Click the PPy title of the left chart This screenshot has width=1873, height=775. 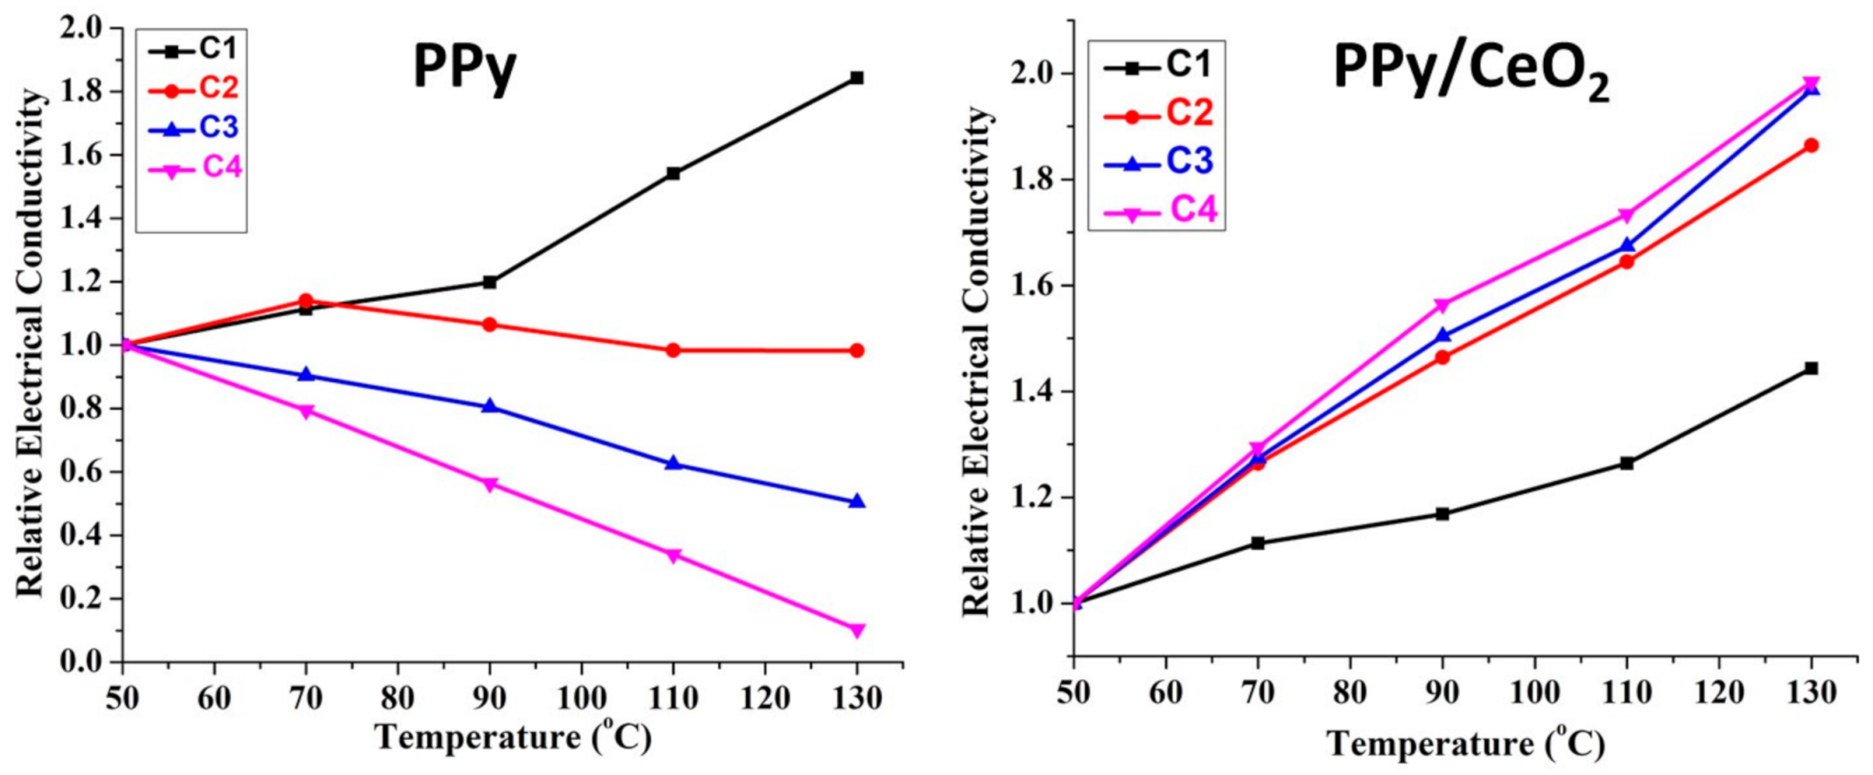[465, 68]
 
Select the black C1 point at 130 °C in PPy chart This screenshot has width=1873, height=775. [857, 78]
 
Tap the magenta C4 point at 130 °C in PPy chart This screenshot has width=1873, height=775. [857, 630]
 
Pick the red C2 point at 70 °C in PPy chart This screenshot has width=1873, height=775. [305, 301]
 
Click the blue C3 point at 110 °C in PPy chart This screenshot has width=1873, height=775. [673, 463]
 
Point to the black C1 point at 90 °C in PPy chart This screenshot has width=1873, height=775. [489, 282]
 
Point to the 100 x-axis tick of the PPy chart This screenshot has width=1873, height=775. [581, 698]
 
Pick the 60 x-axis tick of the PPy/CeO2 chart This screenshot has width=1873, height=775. [1166, 693]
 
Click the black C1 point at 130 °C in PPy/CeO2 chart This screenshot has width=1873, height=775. [1811, 368]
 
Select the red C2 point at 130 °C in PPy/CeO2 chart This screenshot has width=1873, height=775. [1811, 145]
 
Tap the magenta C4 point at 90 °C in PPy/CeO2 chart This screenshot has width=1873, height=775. [1442, 305]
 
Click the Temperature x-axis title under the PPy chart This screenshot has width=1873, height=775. [514, 737]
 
